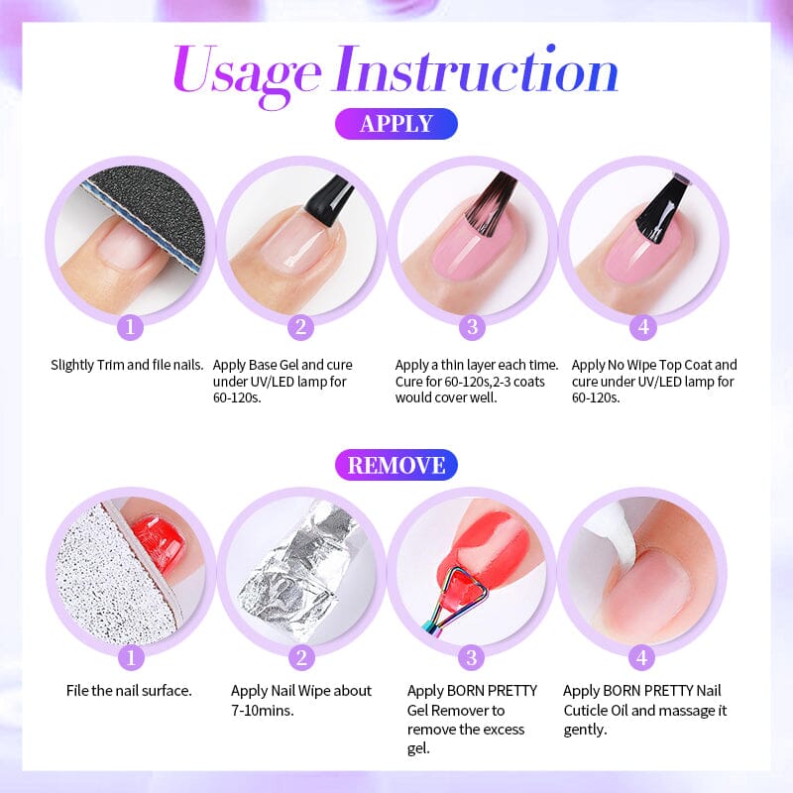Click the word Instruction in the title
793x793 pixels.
click(x=477, y=71)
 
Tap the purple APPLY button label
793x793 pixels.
click(x=396, y=124)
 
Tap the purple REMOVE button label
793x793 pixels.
click(x=396, y=464)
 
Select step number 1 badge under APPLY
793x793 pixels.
click(x=131, y=328)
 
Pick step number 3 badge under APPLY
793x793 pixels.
click(x=472, y=328)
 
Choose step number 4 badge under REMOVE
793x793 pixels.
click(x=642, y=657)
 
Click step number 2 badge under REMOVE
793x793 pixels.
click(x=301, y=657)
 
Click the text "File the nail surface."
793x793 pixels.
click(x=129, y=690)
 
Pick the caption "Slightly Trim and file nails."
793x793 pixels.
click(x=127, y=365)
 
